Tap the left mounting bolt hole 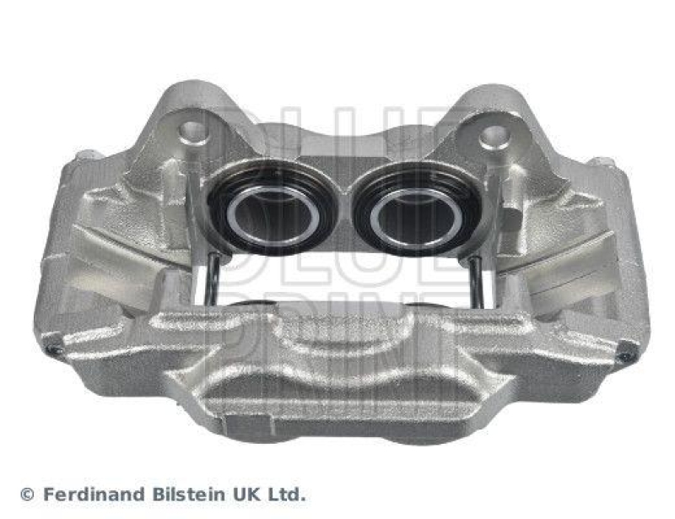(193, 131)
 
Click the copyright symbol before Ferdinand (28, 495)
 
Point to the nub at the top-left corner (88, 155)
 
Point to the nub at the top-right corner (601, 161)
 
